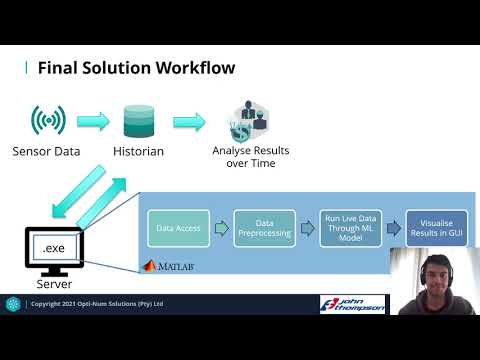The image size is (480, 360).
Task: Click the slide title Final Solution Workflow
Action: pyautogui.click(x=136, y=68)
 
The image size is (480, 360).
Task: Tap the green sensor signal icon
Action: pyautogui.click(x=48, y=121)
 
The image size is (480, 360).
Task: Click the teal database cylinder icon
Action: pyautogui.click(x=139, y=121)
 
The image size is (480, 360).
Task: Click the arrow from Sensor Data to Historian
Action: pyautogui.click(x=93, y=122)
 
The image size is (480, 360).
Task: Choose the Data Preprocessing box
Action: pyautogui.click(x=265, y=228)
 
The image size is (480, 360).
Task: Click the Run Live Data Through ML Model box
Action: pyautogui.click(x=350, y=228)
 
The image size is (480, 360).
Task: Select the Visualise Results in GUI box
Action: pyautogui.click(x=436, y=228)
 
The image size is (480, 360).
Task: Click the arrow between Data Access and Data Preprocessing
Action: pyautogui.click(x=222, y=228)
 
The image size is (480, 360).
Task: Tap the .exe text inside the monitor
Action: pyautogui.click(x=51, y=245)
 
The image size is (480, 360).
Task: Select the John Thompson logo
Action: pyautogui.click(x=352, y=303)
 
